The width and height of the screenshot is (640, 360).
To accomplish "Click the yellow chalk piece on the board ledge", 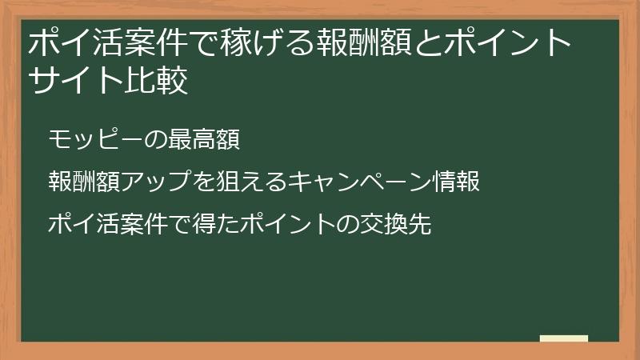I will point(564,338).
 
